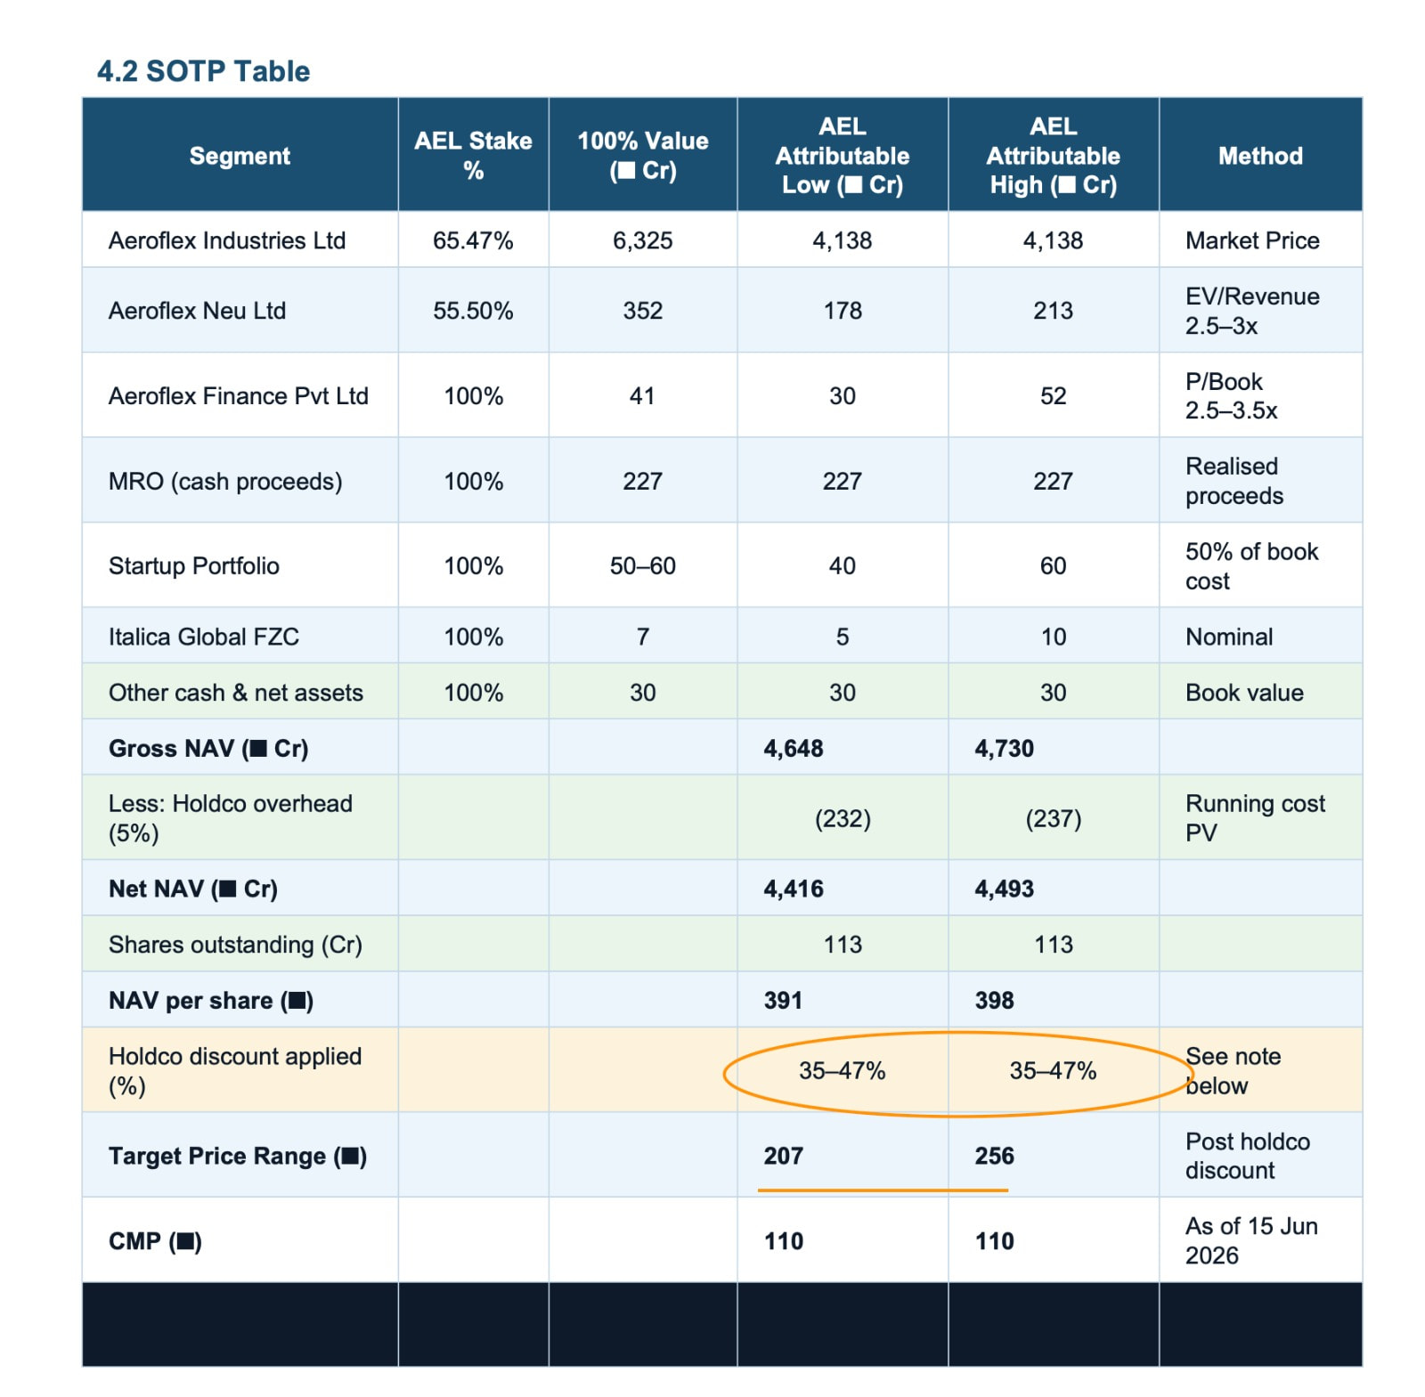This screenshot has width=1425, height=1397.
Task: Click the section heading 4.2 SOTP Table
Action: [x=203, y=71]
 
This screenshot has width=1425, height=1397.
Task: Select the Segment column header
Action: [x=240, y=156]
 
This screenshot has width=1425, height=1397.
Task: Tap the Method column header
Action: [x=1260, y=156]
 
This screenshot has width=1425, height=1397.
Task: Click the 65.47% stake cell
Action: [x=473, y=240]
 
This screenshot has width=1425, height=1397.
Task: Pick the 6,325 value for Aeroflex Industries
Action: [x=642, y=240]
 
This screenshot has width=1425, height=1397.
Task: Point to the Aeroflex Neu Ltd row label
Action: [x=197, y=311]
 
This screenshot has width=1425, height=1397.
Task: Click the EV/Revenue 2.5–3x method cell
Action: [x=1252, y=311]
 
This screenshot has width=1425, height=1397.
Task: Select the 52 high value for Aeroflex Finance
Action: [x=1053, y=396]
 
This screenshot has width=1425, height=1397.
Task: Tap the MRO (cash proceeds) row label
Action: [x=225, y=482]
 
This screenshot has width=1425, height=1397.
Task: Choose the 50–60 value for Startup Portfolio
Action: [x=642, y=566]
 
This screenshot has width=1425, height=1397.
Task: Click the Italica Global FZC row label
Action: [x=204, y=637]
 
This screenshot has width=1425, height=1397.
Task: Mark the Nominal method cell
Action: [x=1229, y=637]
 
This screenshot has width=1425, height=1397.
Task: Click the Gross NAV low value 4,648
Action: [x=794, y=748]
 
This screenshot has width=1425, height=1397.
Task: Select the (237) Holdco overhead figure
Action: [x=1054, y=818]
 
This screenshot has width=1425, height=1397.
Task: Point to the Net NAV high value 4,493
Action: [x=1005, y=889]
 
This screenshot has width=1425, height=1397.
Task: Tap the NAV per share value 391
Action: [x=783, y=1001]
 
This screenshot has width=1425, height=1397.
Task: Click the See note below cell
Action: [x=1234, y=1071]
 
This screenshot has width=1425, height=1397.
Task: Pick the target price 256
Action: [x=994, y=1156]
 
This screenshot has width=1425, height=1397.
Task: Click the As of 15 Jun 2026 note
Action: [x=1251, y=1240]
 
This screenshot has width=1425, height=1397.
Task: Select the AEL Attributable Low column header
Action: [x=843, y=156]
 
